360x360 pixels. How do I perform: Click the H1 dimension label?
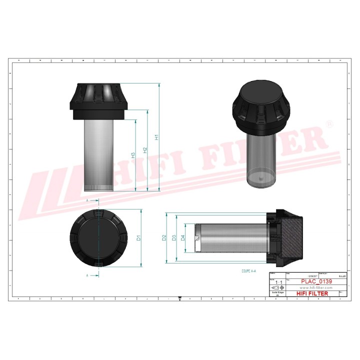pos(156,137)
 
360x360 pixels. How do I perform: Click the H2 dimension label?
pos(145,150)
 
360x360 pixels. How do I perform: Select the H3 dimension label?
pos(133,155)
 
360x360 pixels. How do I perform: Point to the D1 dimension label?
pos(139,238)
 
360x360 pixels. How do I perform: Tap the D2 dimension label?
pos(164,238)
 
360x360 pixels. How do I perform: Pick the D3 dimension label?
pos(174,238)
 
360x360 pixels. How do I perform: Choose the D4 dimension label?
pos(183,238)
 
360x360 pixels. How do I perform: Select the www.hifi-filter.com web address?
pos(315,288)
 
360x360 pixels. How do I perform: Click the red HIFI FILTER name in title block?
pos(312,293)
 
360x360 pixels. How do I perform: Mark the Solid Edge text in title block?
pos(277,293)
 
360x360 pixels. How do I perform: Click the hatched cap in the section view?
pos(290,238)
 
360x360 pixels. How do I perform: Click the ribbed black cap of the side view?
pos(98,100)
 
